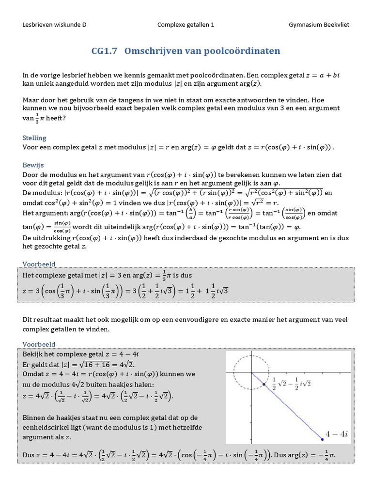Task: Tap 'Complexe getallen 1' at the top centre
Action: (x=186, y=25)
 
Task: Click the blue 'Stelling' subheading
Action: (x=34, y=138)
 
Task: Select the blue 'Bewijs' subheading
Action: (x=33, y=165)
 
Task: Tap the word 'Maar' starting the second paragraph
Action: (x=31, y=100)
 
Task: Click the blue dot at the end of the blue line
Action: (x=322, y=439)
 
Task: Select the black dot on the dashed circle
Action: (x=264, y=385)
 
